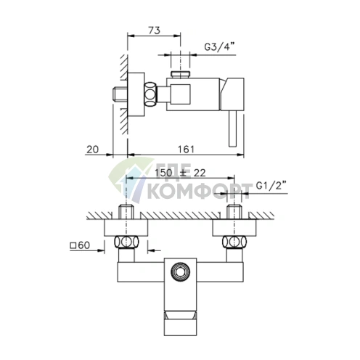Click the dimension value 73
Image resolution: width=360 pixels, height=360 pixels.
(154, 30)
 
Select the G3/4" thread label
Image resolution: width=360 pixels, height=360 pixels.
(220, 46)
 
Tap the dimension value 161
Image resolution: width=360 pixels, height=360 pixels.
(186, 150)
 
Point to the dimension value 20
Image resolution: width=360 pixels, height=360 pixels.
(93, 150)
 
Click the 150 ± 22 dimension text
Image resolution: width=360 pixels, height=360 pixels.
(180, 173)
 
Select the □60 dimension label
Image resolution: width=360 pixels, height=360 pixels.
(80, 245)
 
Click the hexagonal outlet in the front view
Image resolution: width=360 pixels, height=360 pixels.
(180, 271)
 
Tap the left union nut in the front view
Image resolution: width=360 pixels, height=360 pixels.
(126, 242)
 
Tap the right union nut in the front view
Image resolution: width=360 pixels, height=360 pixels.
(234, 242)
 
